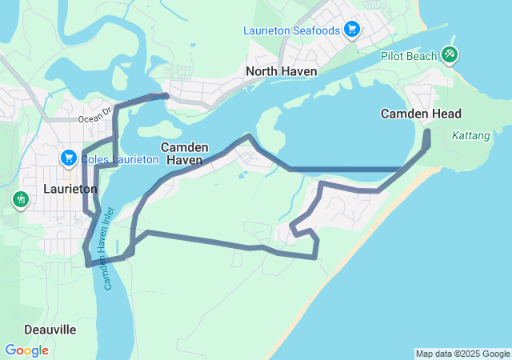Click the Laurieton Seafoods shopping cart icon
[351, 30]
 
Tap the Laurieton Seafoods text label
[292, 31]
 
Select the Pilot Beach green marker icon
[450, 54]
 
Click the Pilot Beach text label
[409, 56]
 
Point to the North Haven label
[282, 71]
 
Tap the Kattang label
[470, 136]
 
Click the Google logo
[26, 350]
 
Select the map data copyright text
[462, 354]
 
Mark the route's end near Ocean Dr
[166, 96]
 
